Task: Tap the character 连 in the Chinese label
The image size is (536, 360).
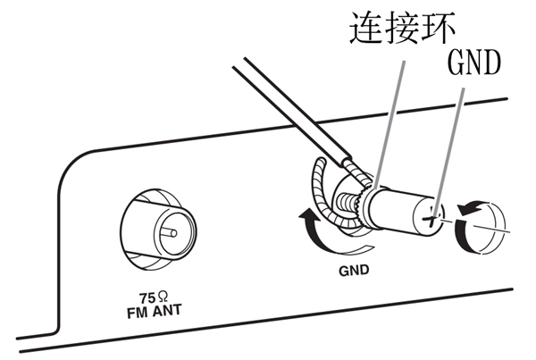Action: pyautogui.click(x=360, y=29)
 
